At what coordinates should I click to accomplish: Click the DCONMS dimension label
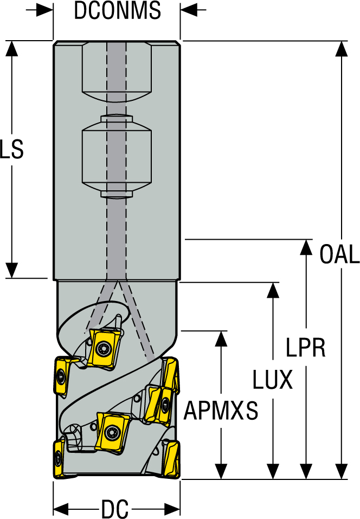click(x=117, y=11)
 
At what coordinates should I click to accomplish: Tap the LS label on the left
click(x=11, y=150)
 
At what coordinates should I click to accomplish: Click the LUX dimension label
click(x=273, y=380)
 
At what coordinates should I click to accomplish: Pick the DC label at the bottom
click(x=114, y=510)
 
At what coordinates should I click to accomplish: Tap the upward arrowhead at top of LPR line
click(x=307, y=247)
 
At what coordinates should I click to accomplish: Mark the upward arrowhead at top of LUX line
click(x=273, y=290)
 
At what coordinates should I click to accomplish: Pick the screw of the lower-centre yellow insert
click(x=112, y=432)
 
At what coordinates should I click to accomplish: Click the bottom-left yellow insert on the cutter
click(x=58, y=458)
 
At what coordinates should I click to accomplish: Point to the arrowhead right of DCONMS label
click(x=189, y=10)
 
